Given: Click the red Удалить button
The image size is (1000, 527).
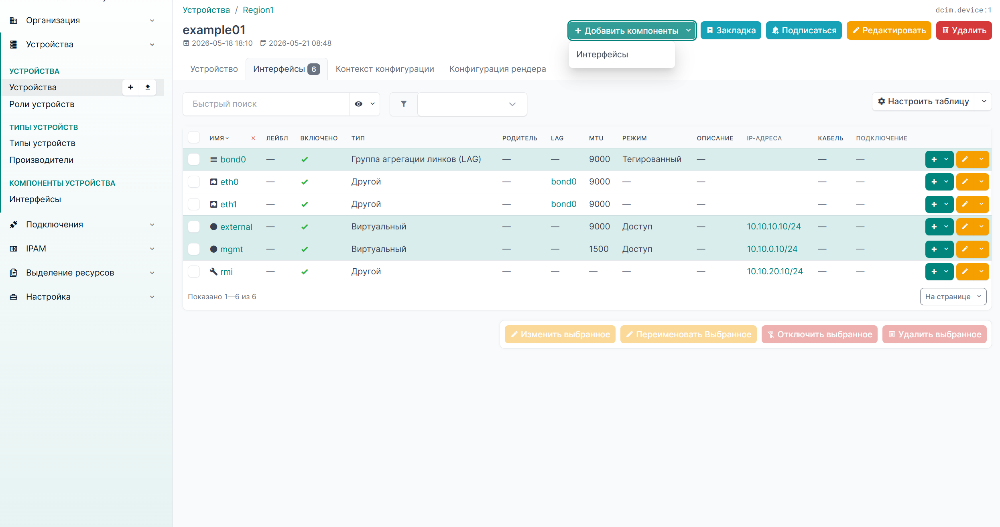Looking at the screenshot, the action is [963, 30].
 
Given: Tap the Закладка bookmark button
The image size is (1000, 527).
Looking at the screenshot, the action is [731, 30].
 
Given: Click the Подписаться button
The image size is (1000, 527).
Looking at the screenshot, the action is [804, 30].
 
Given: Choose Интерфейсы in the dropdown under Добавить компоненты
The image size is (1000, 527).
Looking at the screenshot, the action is [602, 55].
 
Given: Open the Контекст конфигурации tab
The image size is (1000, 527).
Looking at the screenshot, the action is [384, 69].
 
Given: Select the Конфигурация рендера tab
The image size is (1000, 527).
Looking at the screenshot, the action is [498, 69].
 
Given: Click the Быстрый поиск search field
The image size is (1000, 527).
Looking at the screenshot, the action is [266, 104].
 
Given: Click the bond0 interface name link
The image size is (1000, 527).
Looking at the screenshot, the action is [233, 159].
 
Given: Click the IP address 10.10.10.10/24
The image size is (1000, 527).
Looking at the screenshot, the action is [774, 227].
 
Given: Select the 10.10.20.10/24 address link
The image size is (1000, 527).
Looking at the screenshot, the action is [774, 272].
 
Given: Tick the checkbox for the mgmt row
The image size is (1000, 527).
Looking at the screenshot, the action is [194, 249].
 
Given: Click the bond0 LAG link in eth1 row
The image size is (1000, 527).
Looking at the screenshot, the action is [563, 204].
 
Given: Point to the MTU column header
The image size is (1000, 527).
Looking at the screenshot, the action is [596, 138].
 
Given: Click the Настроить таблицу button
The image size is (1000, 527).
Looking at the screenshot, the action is [923, 101].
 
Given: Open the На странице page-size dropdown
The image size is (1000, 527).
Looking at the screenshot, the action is [953, 297].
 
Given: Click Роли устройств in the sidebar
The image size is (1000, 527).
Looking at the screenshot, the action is [42, 104].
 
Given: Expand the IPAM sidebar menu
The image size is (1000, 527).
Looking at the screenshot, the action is [82, 249].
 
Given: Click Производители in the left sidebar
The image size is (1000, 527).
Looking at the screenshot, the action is [41, 160].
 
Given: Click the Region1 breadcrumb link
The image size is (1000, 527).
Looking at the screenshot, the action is [258, 10].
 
